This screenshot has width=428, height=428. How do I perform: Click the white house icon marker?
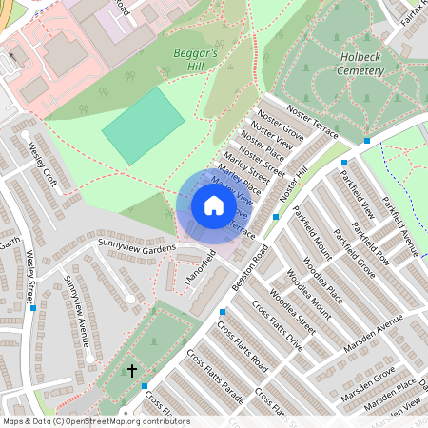click(214, 205)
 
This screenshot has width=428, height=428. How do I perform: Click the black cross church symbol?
click(131, 369)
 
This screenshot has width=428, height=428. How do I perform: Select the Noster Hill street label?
click(292, 181)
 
